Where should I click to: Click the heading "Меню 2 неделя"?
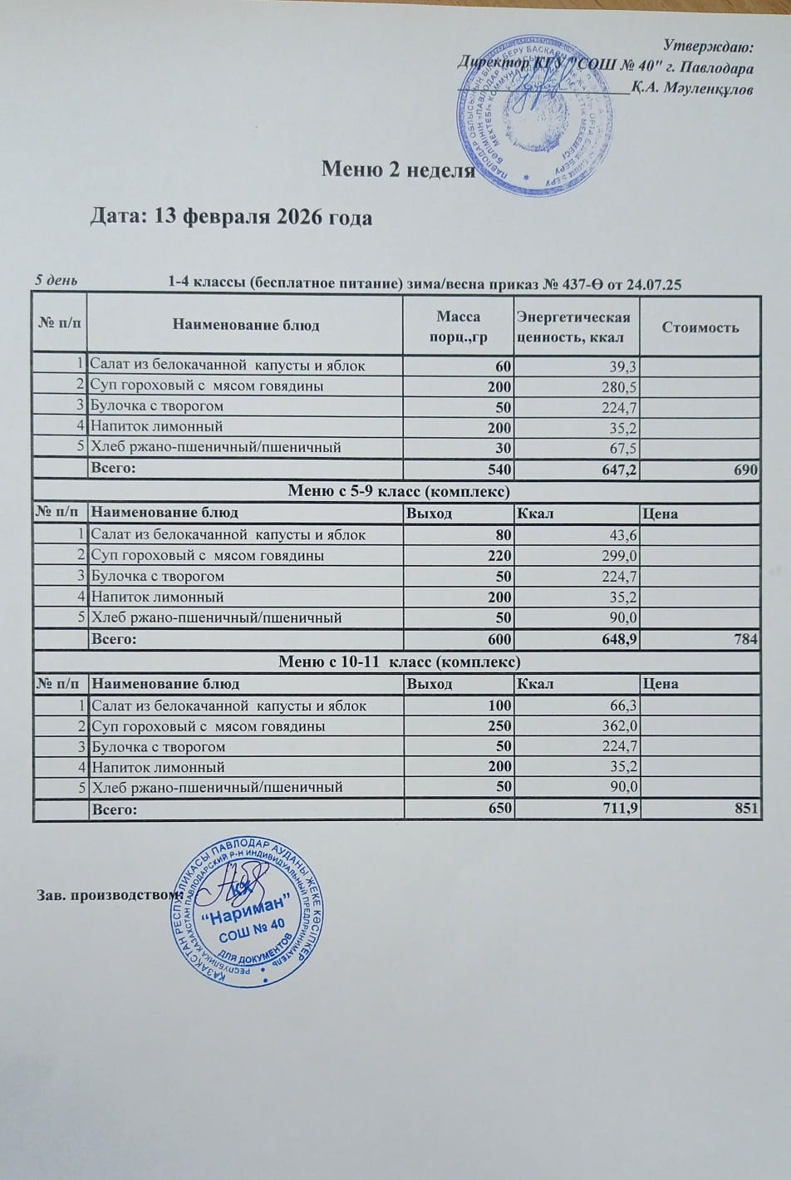coord(398,170)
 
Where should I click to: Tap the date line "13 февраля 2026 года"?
coord(231,217)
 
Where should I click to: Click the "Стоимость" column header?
coord(700,327)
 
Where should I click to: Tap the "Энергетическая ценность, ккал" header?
coord(573,327)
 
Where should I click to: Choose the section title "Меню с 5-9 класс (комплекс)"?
coord(398,491)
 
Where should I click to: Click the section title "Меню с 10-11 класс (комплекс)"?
coord(398,661)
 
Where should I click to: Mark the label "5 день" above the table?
coord(56,280)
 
